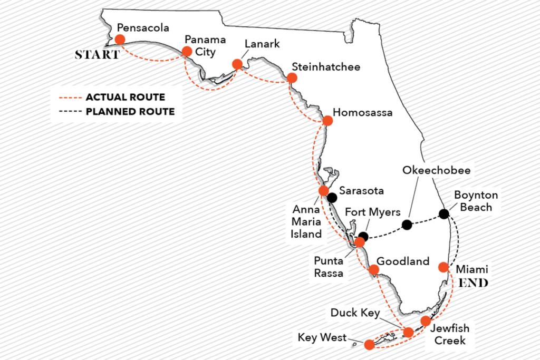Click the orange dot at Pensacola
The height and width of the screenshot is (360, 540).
120,39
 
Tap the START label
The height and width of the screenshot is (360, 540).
97,55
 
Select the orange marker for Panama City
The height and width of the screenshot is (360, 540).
187,51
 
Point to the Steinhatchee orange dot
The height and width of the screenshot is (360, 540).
292,78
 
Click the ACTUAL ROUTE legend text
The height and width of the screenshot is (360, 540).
125,97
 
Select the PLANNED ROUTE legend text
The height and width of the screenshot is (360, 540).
130,111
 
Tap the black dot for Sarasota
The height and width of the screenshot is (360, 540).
332,198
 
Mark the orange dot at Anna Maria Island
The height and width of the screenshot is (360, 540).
324,190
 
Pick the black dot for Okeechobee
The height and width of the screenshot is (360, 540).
407,225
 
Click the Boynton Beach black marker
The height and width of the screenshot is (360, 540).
444,214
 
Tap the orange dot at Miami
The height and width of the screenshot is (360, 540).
444,267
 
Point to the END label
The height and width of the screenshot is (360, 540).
473,284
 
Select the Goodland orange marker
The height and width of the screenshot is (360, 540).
373,270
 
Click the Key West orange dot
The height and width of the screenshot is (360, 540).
369,344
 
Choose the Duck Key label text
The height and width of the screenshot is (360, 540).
355,313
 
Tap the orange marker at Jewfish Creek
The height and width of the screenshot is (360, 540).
426,321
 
